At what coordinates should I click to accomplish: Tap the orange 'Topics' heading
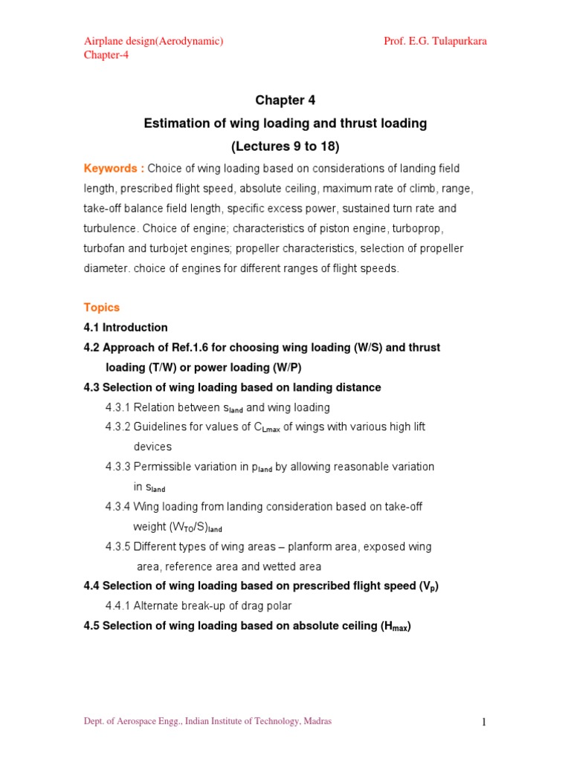(x=101, y=307)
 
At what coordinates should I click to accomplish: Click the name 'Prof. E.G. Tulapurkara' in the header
(x=435, y=41)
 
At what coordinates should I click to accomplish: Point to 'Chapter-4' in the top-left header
(x=106, y=55)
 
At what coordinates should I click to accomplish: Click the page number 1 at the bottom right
(x=483, y=722)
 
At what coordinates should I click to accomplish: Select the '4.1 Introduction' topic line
(x=126, y=327)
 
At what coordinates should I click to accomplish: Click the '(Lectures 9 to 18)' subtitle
(x=285, y=146)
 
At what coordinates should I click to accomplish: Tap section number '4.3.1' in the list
(x=117, y=407)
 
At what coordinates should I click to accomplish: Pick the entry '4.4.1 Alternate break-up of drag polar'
(x=199, y=606)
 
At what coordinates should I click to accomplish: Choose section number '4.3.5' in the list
(x=117, y=546)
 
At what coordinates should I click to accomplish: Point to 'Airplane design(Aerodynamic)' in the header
(x=153, y=41)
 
